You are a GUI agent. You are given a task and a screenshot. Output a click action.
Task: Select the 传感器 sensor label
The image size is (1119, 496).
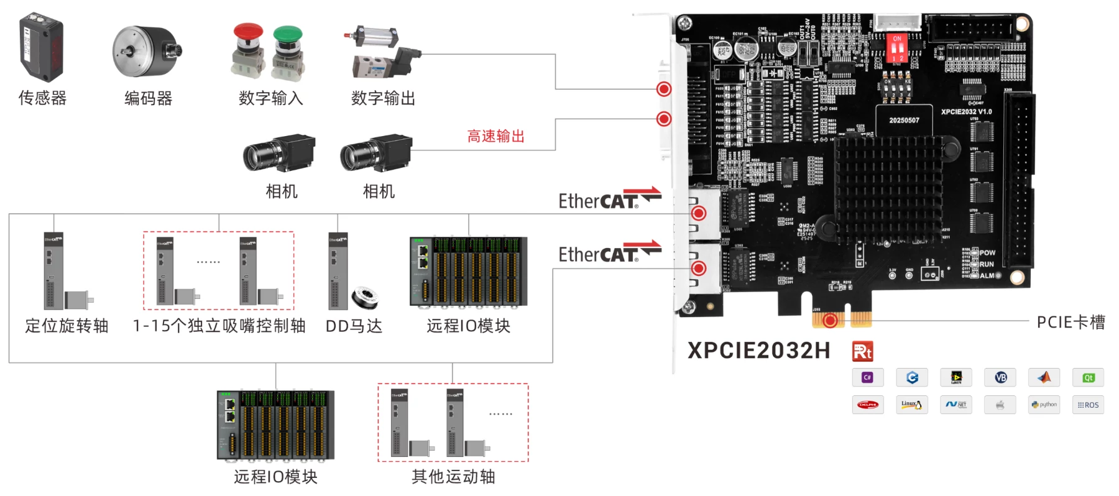[x=42, y=98]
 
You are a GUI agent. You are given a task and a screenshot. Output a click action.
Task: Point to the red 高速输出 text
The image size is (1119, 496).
[x=495, y=136]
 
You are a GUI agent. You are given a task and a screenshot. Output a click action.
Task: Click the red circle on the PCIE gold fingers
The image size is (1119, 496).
[x=830, y=321]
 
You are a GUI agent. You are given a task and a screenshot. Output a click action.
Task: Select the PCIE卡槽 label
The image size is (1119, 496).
[x=1071, y=322]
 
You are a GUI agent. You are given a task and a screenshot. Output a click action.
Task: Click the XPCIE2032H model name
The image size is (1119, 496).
[x=758, y=351]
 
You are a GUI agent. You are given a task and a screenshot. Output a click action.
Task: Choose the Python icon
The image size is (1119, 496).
[x=1044, y=405]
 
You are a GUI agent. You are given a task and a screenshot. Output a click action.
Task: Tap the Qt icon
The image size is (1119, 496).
[x=1088, y=377]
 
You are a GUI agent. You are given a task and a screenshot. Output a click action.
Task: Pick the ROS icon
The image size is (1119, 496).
[x=1088, y=405]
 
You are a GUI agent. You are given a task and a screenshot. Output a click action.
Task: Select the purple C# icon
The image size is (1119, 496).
[x=868, y=377]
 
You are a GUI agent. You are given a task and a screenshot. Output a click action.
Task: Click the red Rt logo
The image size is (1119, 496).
[x=862, y=351]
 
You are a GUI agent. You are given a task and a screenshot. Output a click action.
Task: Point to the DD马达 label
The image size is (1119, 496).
[x=354, y=326]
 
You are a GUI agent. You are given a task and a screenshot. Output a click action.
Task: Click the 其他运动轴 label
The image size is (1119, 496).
[x=453, y=477]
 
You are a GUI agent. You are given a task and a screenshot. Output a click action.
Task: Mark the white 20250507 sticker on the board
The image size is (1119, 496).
[x=904, y=120]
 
